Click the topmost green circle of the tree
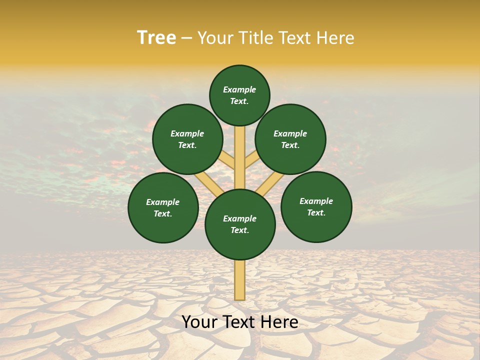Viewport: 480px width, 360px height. pos(239,95)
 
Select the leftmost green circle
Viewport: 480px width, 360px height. pos(163,207)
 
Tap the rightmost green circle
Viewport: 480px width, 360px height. pos(316,206)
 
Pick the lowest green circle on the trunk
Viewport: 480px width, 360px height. pos(240,224)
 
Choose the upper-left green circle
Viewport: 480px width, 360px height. pos(187,139)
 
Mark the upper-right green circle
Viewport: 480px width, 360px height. pos(290,139)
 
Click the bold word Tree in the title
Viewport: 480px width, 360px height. pos(156,37)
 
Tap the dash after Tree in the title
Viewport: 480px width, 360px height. pos(186,38)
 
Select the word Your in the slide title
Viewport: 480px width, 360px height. pos(215,37)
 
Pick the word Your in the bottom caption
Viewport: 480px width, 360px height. pos(200,322)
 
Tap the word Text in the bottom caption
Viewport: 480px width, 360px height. pos(238,322)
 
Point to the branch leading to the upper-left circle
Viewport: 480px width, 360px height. pos(227,160)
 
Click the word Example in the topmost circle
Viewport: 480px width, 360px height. pos(239,89)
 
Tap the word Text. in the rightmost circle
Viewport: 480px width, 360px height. pos(316,212)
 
